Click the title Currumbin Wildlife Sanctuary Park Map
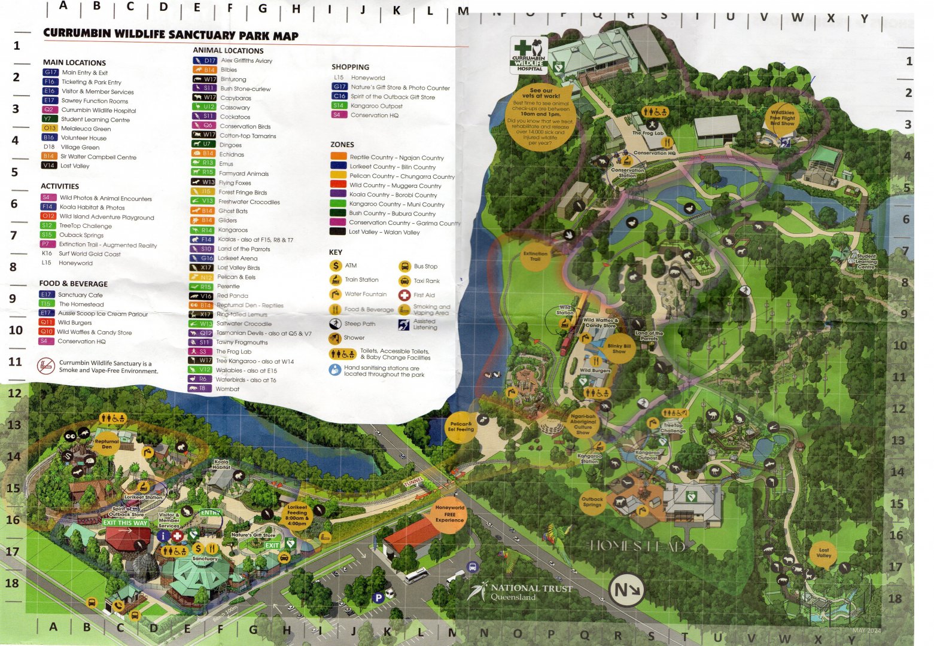[171, 35]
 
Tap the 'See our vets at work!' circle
[540, 116]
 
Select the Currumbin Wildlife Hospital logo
[529, 55]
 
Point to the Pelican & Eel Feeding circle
[461, 426]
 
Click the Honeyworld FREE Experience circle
[449, 514]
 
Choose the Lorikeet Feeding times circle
[297, 514]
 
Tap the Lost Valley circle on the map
[824, 553]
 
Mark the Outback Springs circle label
[592, 501]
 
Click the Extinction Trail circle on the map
[535, 256]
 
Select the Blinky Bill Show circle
[619, 349]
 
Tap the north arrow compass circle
[626, 590]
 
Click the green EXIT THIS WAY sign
[125, 523]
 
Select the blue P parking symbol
[378, 597]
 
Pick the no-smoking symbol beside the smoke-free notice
[46, 366]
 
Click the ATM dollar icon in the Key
[336, 266]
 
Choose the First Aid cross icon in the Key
[404, 295]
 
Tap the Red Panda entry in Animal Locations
[232, 295]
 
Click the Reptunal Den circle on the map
[107, 444]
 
